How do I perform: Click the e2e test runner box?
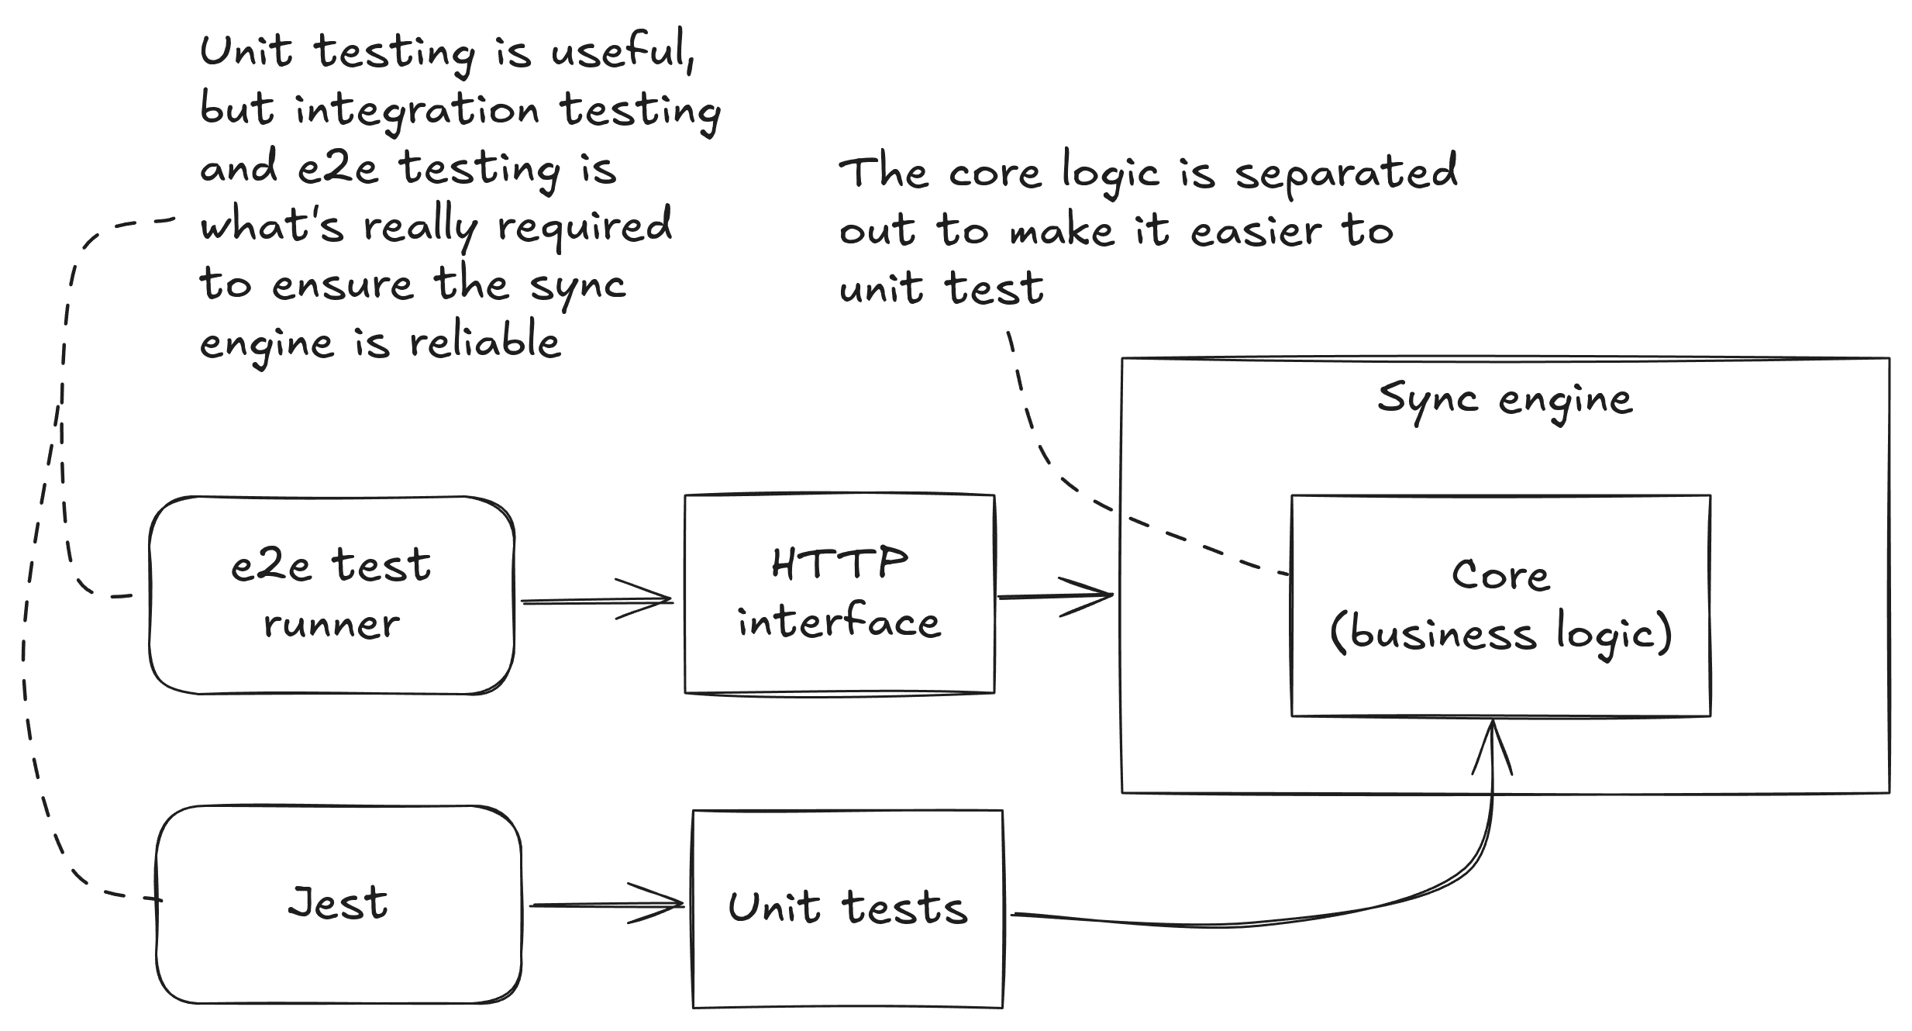coord(332,595)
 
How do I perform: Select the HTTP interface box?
coord(839,594)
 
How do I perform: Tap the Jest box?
coord(339,904)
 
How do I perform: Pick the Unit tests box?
coord(847,909)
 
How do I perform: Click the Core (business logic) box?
coord(1500,605)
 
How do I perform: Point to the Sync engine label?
coord(1504,400)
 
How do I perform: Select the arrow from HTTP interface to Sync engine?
coord(1054,597)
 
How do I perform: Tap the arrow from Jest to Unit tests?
coord(605,905)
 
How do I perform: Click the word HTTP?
coord(839,564)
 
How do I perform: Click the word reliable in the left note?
coord(485,342)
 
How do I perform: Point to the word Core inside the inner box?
coord(1500,576)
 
